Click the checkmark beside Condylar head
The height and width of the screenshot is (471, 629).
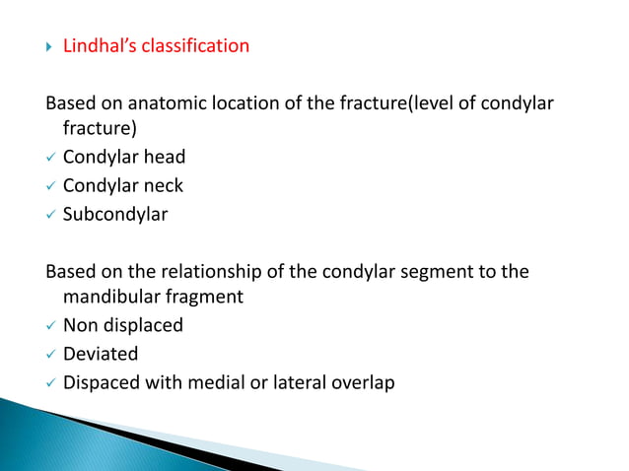(49, 158)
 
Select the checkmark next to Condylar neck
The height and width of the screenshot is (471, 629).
(49, 185)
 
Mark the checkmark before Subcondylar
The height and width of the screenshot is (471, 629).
(49, 213)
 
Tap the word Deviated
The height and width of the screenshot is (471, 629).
(101, 353)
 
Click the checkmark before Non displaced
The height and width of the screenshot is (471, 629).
(49, 325)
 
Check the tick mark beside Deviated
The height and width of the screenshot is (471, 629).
(49, 353)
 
